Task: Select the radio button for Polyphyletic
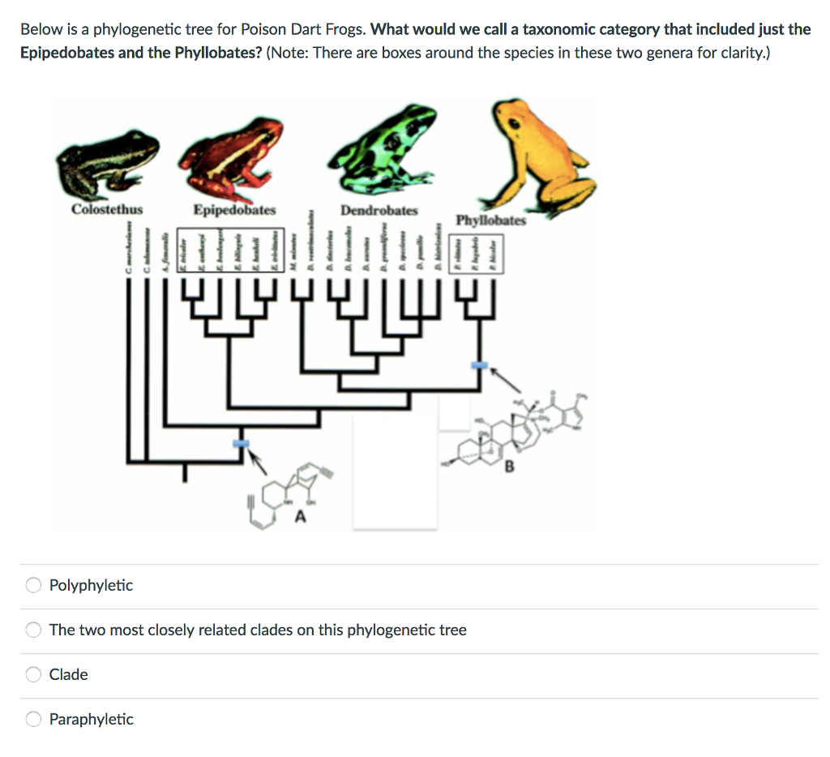pos(33,585)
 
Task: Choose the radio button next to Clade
pos(33,674)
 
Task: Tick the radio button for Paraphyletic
pos(33,719)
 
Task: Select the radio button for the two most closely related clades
pos(33,630)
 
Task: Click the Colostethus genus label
pos(107,209)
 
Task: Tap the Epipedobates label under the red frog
pos(234,210)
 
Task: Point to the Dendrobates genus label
pos(379,210)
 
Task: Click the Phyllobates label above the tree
pos(490,220)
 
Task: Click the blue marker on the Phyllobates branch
pos(481,366)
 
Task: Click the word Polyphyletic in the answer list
pos(91,585)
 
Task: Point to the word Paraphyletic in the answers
pos(91,719)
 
